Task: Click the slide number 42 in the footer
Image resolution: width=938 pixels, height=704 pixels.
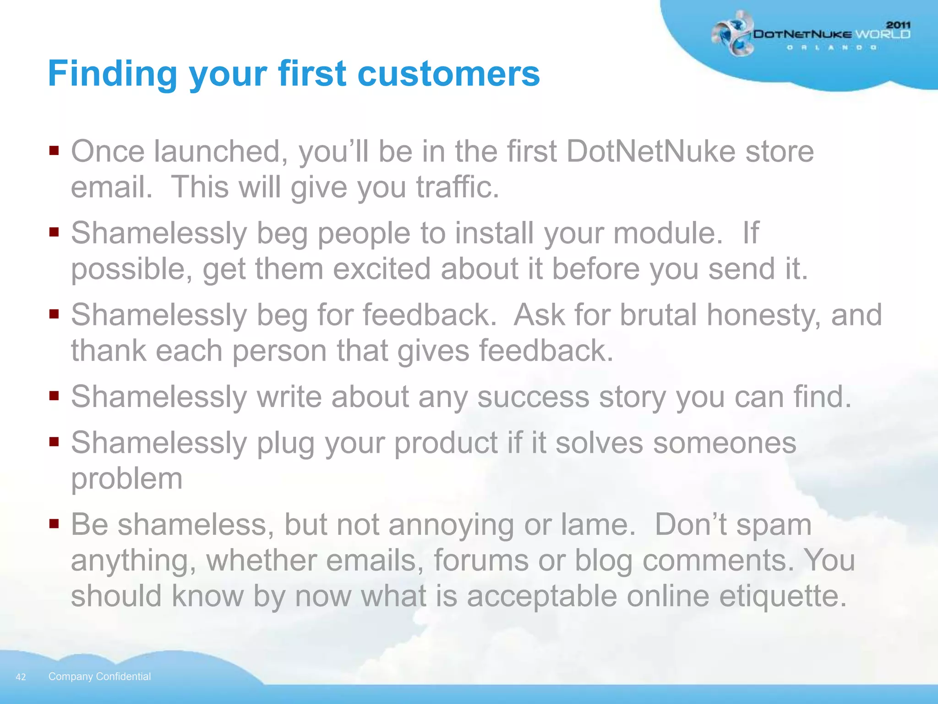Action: coord(21,677)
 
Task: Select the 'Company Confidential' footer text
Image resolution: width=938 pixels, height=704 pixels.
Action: coord(99,676)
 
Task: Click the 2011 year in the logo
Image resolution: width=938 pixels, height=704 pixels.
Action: coord(898,25)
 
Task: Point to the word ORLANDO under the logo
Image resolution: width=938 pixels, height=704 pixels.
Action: coord(832,48)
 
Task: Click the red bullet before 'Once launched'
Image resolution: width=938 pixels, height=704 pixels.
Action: coord(54,151)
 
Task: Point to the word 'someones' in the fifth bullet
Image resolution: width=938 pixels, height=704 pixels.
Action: coord(725,443)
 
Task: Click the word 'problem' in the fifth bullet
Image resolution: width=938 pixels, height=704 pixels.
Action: coord(127,479)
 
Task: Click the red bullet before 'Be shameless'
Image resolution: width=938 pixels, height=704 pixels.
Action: coord(54,523)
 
